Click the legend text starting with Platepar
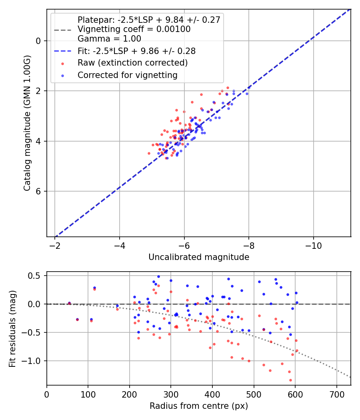[x=149, y=20]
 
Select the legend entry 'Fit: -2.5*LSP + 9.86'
[x=136, y=51]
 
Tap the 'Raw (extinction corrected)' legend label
[x=132, y=63]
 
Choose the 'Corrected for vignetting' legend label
[x=127, y=75]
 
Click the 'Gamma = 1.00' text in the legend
[x=109, y=39]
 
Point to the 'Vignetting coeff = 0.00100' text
[x=134, y=29]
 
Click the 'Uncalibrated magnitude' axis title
[x=199, y=257]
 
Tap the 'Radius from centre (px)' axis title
[x=199, y=406]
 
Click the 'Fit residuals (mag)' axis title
[x=12, y=328]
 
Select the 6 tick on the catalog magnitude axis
[x=38, y=191]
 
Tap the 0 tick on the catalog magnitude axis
[x=38, y=41]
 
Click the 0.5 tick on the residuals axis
[x=36, y=276]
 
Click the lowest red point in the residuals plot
[x=290, y=380]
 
